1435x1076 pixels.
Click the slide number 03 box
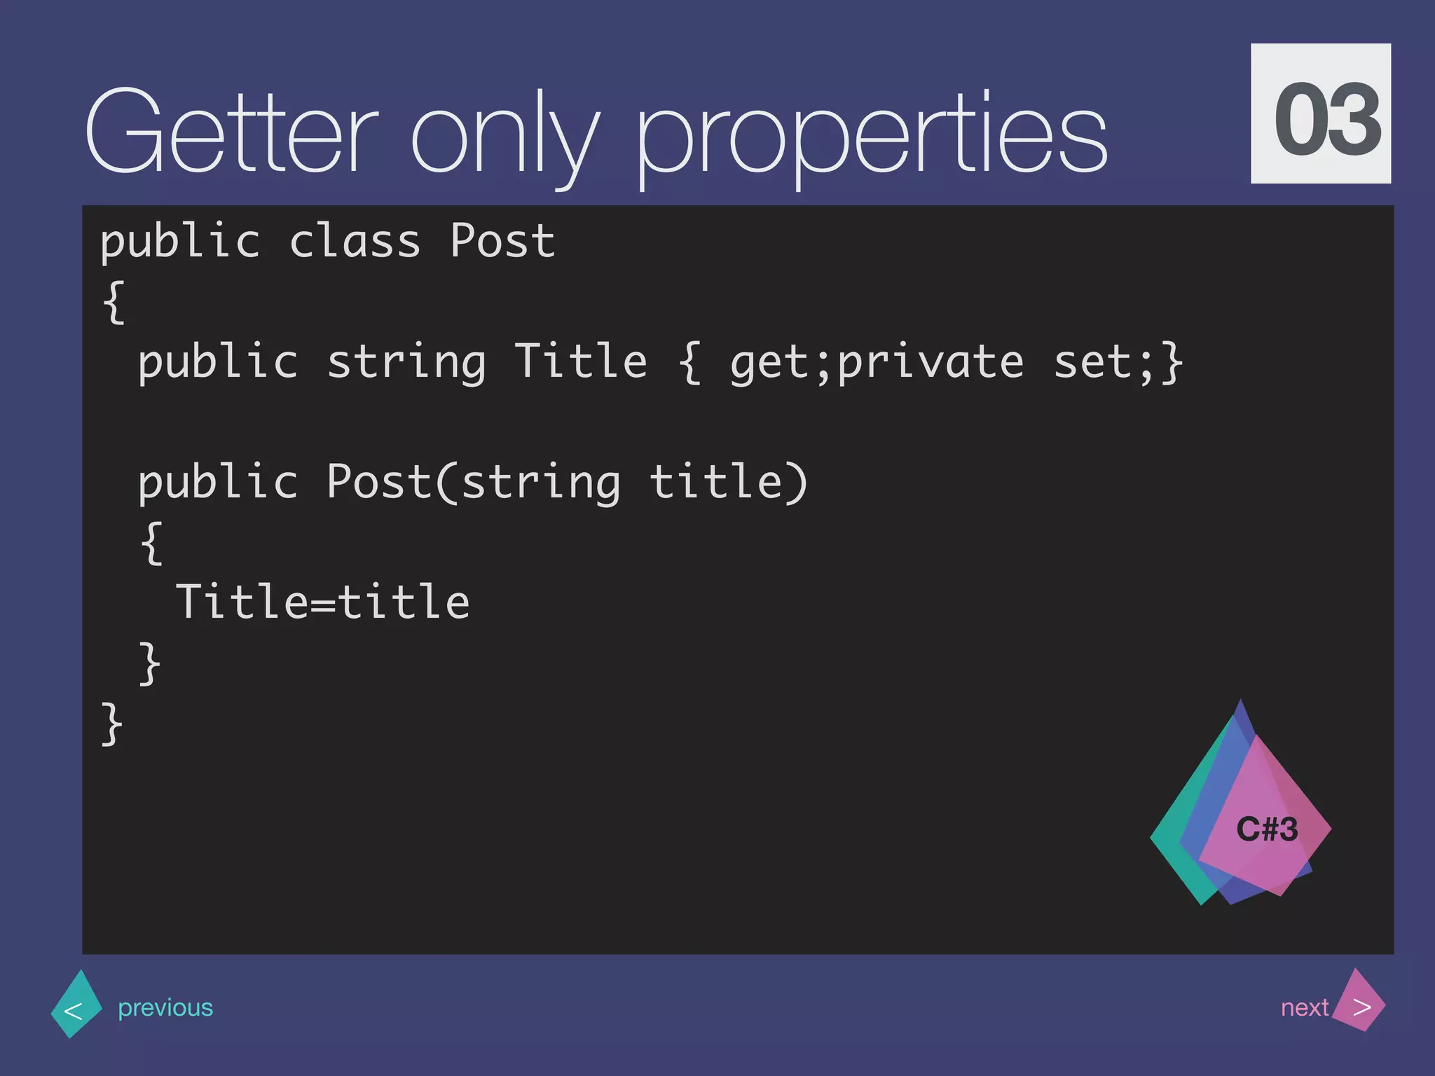coord(1320,114)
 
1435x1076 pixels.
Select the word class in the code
coord(355,241)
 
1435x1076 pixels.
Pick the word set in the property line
coord(1093,363)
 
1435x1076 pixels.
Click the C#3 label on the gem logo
coord(1267,830)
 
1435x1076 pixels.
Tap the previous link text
coord(165,1007)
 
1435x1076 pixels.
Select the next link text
coord(1303,1007)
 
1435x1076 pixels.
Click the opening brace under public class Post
coord(114,303)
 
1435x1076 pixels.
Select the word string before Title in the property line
coord(406,363)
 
